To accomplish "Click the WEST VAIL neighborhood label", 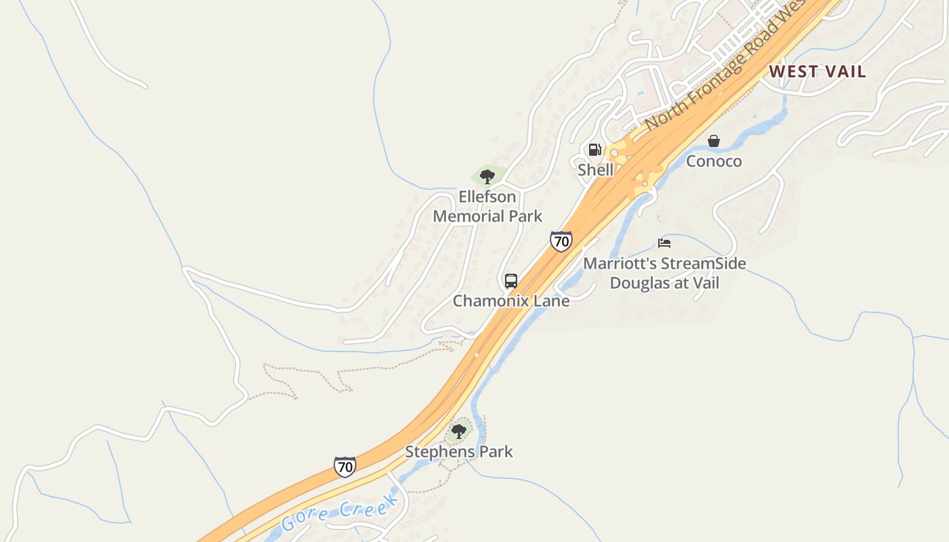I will click(817, 72).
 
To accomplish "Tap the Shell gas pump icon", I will click(594, 150).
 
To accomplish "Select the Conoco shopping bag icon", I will click(713, 141).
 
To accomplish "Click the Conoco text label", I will click(714, 161).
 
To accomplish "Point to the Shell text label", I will click(595, 170).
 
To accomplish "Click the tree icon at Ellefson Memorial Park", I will click(487, 178).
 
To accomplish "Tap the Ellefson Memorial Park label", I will click(487, 207).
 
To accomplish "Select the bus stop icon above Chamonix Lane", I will click(511, 281).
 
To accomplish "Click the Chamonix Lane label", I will click(511, 301).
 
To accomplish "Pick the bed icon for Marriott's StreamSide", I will click(664, 243).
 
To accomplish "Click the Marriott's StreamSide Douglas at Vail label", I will click(664, 273).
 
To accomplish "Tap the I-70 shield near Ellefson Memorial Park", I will click(561, 241).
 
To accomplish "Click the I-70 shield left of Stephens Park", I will click(345, 466).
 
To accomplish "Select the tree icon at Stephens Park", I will click(459, 431).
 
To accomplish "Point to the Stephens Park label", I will click(459, 451).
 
